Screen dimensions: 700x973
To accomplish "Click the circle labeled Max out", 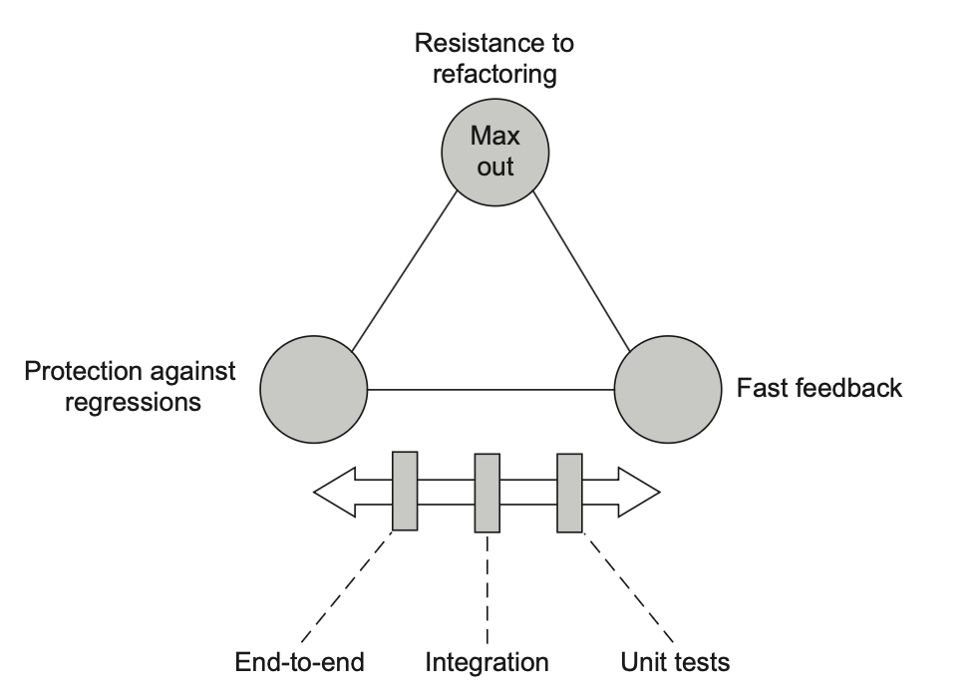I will pos(493,151).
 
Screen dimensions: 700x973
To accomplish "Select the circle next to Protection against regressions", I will pos(314,387).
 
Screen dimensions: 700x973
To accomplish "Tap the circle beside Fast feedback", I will pos(668,387).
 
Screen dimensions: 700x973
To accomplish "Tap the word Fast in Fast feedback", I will pos(759,387).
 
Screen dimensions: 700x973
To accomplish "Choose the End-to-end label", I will pos(300,661).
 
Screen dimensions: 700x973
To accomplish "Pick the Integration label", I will pos(486,661).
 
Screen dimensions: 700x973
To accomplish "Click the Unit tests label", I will pos(675,661).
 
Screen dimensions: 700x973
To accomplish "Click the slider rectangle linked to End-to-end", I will pos(405,491).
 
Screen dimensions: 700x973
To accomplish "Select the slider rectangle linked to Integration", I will pos(486,493).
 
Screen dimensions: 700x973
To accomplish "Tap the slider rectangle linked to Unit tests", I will pos(569,493).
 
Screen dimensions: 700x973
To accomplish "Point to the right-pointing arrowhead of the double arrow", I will pos(639,492).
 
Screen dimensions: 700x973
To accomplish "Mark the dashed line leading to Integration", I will pos(486,588).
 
